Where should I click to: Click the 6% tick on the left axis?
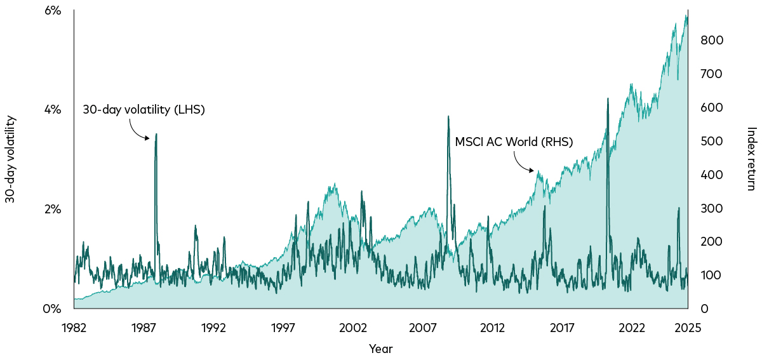[x=52, y=11]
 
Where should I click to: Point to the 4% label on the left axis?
[x=52, y=110]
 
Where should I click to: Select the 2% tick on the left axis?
[x=52, y=210]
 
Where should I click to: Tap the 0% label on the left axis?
[x=52, y=309]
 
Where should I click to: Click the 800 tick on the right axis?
[x=712, y=40]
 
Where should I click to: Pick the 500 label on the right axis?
[x=712, y=141]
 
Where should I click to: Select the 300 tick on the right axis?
[x=712, y=208]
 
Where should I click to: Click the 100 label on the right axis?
[x=711, y=276]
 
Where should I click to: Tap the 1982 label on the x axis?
[x=74, y=328]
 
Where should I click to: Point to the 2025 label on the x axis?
[x=688, y=328]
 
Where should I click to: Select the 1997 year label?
[x=283, y=328]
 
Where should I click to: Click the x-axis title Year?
[x=380, y=349]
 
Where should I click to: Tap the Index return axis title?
[x=751, y=159]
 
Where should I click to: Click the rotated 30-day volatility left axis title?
[x=10, y=159]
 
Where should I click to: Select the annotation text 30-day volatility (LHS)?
[x=144, y=110]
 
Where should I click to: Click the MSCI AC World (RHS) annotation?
[x=514, y=142]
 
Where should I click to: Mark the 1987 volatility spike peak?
[x=156, y=134]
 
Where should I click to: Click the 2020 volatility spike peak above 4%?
[x=608, y=98]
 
